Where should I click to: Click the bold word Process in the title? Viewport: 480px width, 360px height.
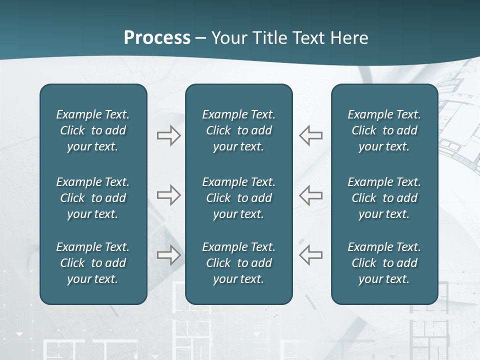(157, 38)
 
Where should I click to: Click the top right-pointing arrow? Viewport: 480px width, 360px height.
(169, 135)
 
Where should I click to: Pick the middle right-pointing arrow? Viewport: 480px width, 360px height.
(169, 194)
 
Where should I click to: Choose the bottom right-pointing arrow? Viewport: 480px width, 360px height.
(169, 255)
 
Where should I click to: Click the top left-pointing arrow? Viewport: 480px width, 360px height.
(310, 135)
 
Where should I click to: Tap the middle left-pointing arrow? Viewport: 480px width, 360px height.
(310, 194)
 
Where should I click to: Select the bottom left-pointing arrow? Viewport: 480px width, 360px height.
(310, 255)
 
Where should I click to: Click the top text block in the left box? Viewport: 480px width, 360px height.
(93, 130)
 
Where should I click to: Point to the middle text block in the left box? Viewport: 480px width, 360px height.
(93, 198)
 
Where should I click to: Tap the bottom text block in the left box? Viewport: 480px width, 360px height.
(93, 263)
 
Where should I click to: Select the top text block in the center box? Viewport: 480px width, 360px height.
(238, 130)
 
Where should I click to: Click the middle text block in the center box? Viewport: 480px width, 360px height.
(238, 198)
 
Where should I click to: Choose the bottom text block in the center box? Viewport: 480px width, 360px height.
(238, 263)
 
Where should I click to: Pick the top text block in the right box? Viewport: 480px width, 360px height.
(384, 130)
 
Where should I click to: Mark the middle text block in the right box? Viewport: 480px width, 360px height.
(384, 198)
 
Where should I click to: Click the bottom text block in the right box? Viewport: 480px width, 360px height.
(384, 263)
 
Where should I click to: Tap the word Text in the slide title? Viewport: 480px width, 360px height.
(308, 38)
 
